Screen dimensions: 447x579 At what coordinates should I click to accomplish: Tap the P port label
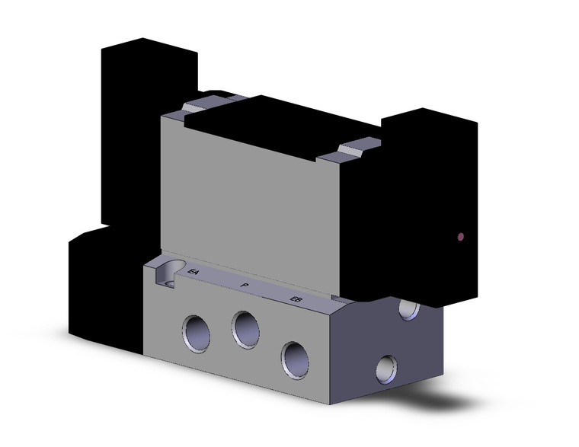[x=244, y=285]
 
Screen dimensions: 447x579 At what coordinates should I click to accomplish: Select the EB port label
[x=295, y=299]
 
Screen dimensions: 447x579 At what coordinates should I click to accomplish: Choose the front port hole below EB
[x=293, y=355]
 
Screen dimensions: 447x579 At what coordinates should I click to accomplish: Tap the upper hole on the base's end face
[x=410, y=308]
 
